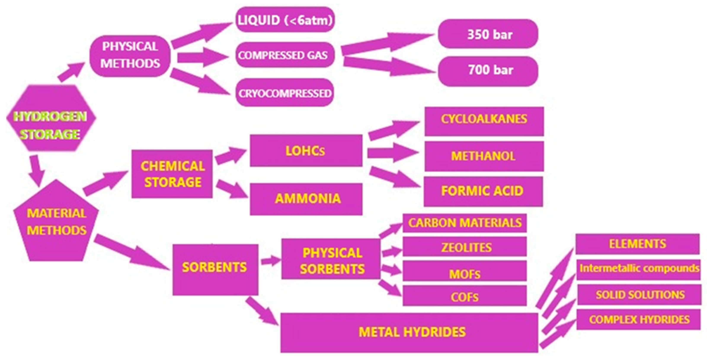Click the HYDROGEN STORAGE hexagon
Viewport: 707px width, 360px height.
(51, 118)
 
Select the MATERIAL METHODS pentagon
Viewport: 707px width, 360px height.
(56, 222)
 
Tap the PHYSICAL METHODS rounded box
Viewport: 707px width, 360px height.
(130, 56)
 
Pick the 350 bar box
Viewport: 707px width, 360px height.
(488, 34)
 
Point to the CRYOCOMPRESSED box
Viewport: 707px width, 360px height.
(285, 93)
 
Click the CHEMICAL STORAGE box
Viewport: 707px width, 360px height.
(172, 174)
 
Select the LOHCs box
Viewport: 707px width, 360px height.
(306, 151)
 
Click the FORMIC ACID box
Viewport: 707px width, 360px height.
(483, 191)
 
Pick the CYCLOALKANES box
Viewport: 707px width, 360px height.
(484, 121)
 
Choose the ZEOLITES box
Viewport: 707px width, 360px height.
(465, 247)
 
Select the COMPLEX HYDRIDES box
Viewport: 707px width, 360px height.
(638, 319)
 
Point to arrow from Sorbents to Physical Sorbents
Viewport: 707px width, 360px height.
(270, 260)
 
